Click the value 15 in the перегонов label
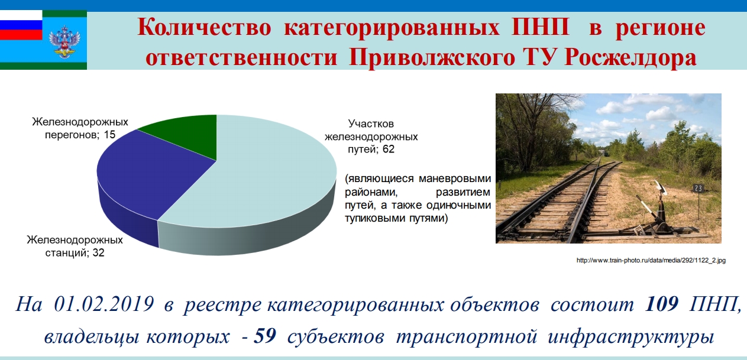pyautogui.click(x=109, y=135)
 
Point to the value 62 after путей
pyautogui.click(x=389, y=149)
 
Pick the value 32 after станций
pyautogui.click(x=98, y=252)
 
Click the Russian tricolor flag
pyautogui.click(x=21, y=25)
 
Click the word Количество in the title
pyautogui.click(x=204, y=27)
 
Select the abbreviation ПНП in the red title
pyautogui.click(x=540, y=27)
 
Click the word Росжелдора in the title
pyautogui.click(x=630, y=58)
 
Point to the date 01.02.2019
pyautogui.click(x=104, y=304)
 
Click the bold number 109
pyautogui.click(x=662, y=304)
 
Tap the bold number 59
pyautogui.click(x=265, y=336)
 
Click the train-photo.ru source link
pyautogui.click(x=651, y=260)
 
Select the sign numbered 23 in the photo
pyautogui.click(x=698, y=189)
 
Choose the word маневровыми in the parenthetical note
pyautogui.click(x=455, y=179)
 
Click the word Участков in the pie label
pyautogui.click(x=371, y=124)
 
